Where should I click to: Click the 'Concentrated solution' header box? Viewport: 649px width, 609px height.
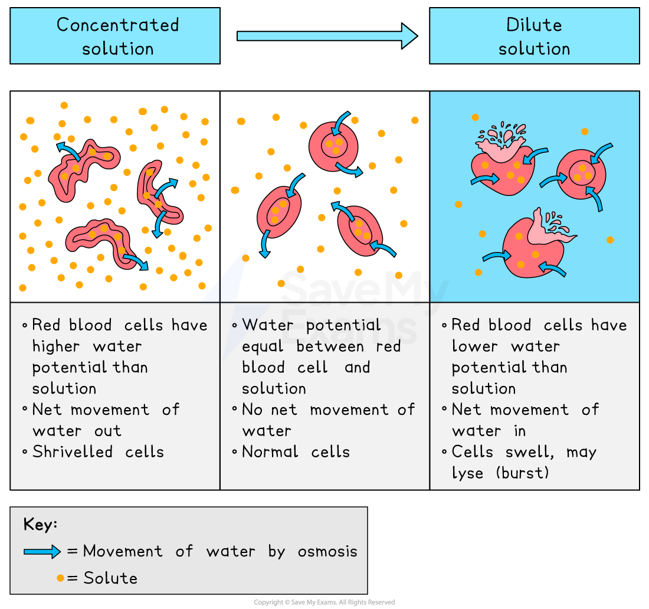[x=115, y=36]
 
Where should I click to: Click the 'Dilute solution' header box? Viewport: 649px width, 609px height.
[x=534, y=36]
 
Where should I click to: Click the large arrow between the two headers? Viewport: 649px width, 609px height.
[x=326, y=36]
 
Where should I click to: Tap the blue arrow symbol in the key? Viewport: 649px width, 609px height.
[x=42, y=552]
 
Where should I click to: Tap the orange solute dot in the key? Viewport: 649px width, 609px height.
[x=60, y=578]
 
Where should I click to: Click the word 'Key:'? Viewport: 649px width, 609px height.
[x=40, y=524]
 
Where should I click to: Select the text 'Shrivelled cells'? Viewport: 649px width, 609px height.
[x=98, y=452]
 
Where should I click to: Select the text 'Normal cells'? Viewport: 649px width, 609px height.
[x=296, y=452]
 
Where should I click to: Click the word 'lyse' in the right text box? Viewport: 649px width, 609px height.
[x=467, y=473]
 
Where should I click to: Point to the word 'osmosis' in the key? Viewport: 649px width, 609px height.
[x=327, y=552]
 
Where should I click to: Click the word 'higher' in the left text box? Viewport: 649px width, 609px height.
[x=58, y=346]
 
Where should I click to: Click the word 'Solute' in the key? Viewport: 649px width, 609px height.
[x=110, y=578]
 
